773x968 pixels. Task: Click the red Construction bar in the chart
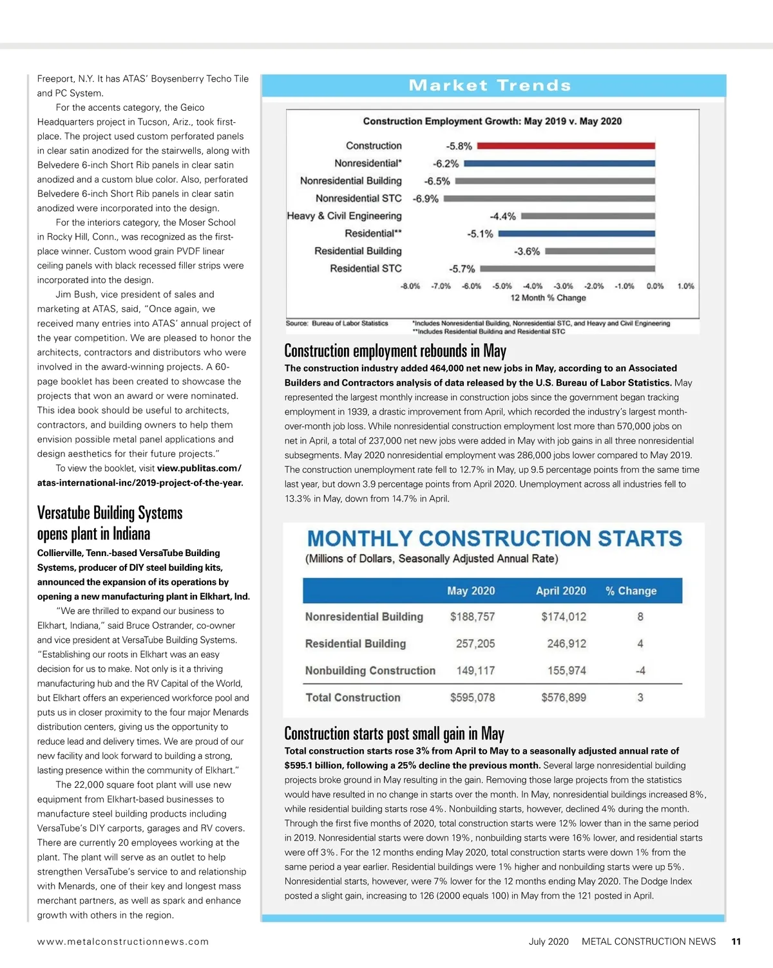[x=566, y=146]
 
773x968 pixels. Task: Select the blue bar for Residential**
[x=577, y=234]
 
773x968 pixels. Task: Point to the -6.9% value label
[x=426, y=199]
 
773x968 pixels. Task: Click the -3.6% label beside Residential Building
[x=527, y=252]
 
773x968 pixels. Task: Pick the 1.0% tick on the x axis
[x=685, y=286]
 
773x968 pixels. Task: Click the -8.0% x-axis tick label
[x=410, y=286]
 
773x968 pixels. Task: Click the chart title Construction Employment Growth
[x=492, y=121]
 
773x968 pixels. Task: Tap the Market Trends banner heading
[x=490, y=86]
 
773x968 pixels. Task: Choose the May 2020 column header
[x=471, y=591]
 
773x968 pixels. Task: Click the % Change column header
[x=631, y=591]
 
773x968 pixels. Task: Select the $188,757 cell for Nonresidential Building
[x=472, y=617]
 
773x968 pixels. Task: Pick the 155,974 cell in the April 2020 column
[x=566, y=671]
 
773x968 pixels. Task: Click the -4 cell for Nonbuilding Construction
[x=640, y=671]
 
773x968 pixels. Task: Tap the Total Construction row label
[x=353, y=698]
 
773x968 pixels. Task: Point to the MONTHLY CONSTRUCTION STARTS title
[x=494, y=538]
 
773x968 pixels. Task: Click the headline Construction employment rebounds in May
[x=395, y=351]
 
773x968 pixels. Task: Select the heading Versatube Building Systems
[x=110, y=513]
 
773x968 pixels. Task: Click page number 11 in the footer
[x=736, y=942]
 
